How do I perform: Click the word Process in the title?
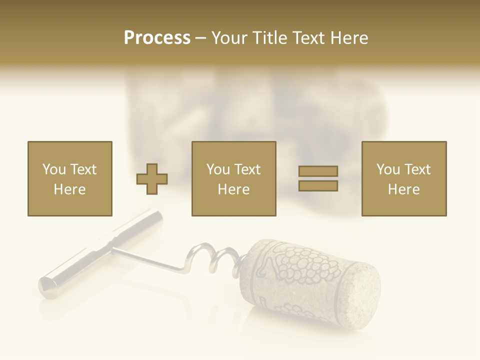click(157, 38)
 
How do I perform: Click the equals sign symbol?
click(318, 178)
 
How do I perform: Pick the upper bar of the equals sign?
click(318, 171)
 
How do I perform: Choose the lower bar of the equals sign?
click(318, 185)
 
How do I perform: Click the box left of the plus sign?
click(69, 178)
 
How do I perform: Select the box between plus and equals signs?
click(233, 178)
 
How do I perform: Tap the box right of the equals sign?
click(403, 178)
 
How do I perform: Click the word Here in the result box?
click(403, 189)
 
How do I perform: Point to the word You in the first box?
click(53, 169)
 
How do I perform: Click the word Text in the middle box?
click(247, 169)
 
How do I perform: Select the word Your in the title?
click(230, 38)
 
